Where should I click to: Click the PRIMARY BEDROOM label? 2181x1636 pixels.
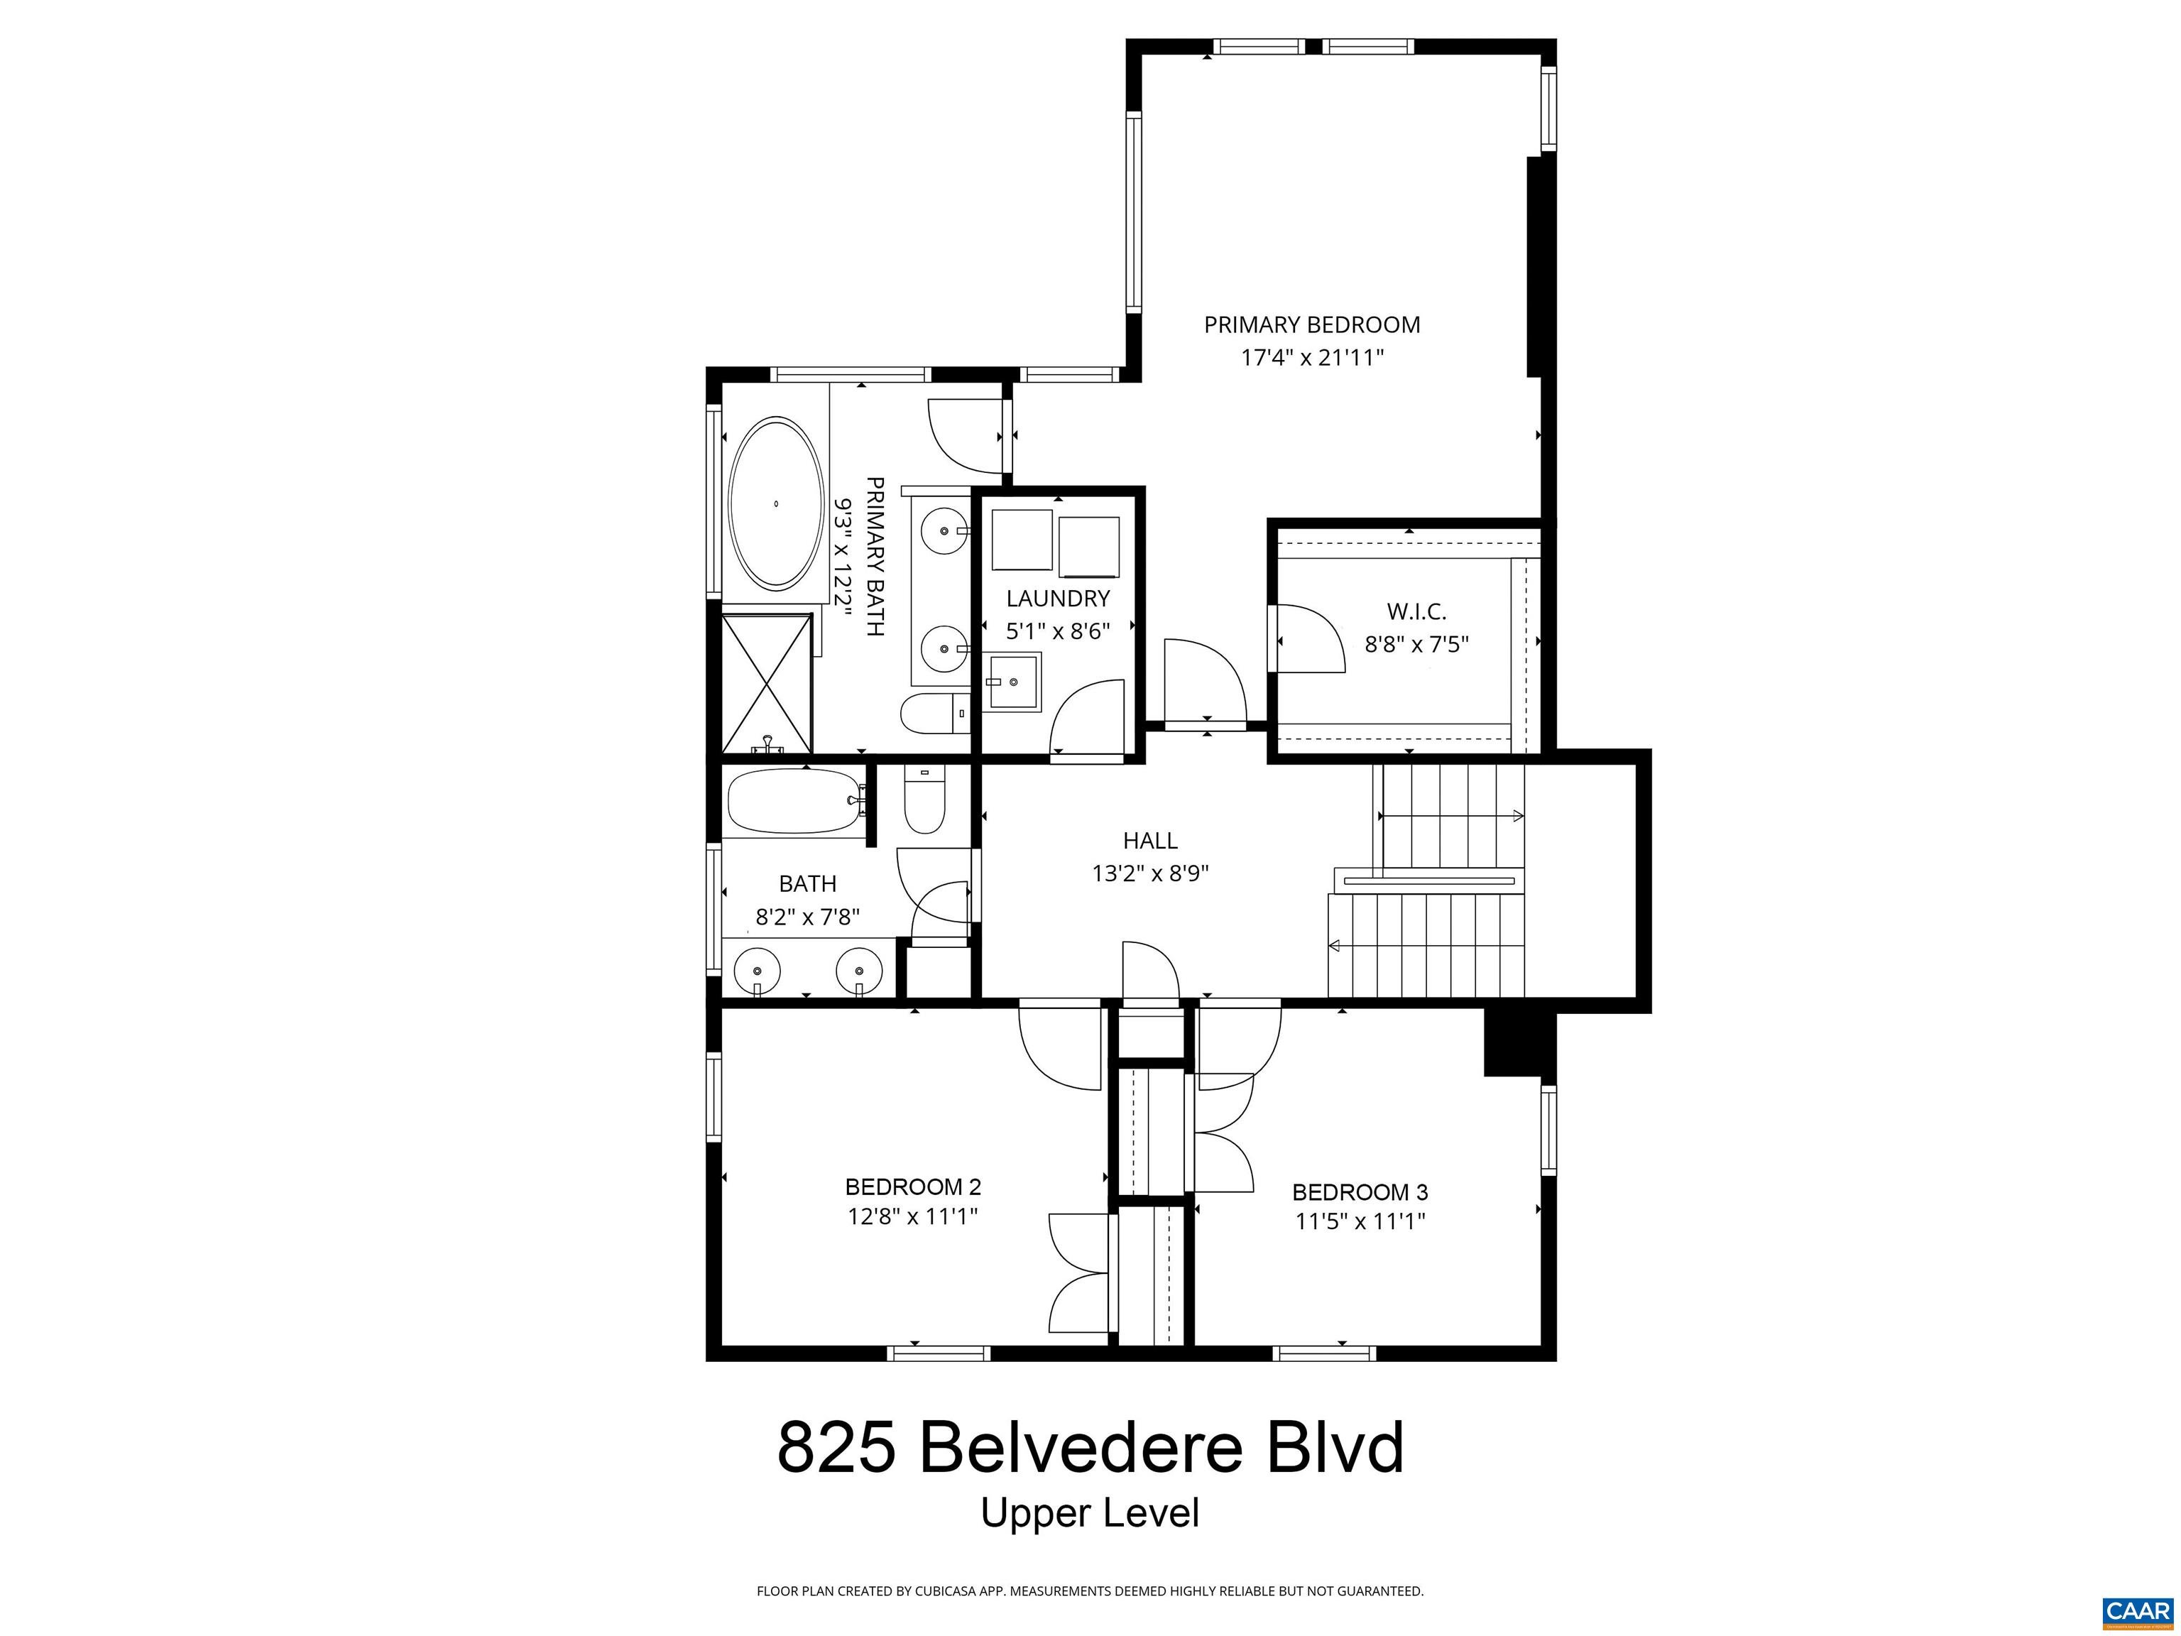tap(1311, 325)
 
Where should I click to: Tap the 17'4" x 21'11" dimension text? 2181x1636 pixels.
tap(1311, 358)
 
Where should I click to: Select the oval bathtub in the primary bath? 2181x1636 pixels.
tap(776, 504)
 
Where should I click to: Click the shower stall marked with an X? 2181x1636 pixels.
tap(767, 683)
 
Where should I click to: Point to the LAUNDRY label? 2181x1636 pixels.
tap(1058, 599)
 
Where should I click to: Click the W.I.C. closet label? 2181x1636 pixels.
tap(1416, 611)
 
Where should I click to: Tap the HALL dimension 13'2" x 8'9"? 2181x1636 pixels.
tap(1149, 873)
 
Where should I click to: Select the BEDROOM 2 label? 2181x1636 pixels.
tap(912, 1187)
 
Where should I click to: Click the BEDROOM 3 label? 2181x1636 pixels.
tap(1360, 1192)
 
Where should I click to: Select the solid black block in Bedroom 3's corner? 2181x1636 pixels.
tap(1519, 1045)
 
